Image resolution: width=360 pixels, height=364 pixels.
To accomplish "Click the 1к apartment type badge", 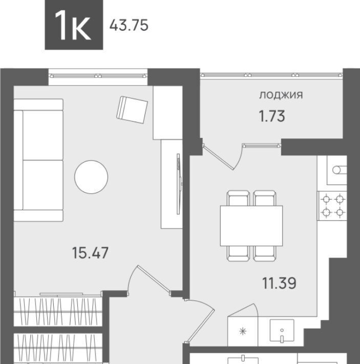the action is pyautogui.click(x=74, y=25).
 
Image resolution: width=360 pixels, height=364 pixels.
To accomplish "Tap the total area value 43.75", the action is pyautogui.click(x=129, y=25).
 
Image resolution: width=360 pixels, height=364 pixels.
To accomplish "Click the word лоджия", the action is pyautogui.click(x=281, y=95).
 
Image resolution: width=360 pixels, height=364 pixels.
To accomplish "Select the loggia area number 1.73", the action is pyautogui.click(x=272, y=116).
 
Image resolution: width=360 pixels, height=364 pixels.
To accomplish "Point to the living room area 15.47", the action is pyautogui.click(x=90, y=253).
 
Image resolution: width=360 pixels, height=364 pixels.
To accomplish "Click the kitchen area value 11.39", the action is pyautogui.click(x=279, y=283).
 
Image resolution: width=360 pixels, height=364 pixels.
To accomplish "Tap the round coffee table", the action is pyautogui.click(x=91, y=177).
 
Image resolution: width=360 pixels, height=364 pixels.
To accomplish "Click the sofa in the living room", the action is pyautogui.click(x=38, y=160).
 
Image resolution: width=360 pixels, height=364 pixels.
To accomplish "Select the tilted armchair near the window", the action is pyautogui.click(x=132, y=110).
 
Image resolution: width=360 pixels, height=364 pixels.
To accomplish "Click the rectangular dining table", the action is pyautogui.click(x=251, y=226).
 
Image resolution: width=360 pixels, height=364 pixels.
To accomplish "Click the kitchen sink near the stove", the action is pyautogui.click(x=337, y=170).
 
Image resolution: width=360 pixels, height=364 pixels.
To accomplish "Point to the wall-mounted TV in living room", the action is pyautogui.click(x=179, y=184).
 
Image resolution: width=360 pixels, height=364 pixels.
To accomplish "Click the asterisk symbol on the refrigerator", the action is pyautogui.click(x=243, y=331).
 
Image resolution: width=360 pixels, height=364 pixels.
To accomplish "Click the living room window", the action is pyautogui.click(x=98, y=76).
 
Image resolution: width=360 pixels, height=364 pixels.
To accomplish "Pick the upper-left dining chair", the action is pyautogui.click(x=239, y=198).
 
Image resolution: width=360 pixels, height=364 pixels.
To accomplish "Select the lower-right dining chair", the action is pyautogui.click(x=264, y=253).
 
